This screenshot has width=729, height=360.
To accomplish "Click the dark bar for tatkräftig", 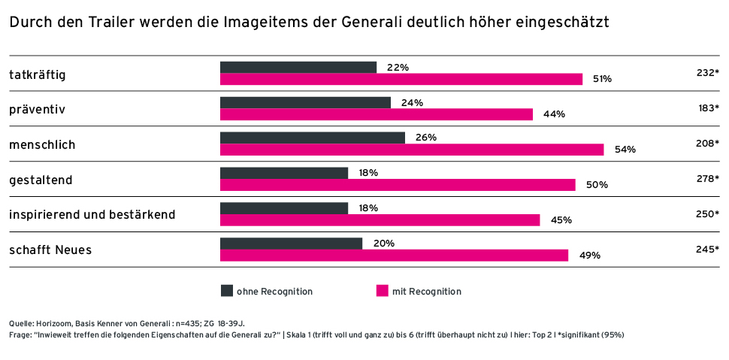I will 298,68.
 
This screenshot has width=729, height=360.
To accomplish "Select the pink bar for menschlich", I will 412,150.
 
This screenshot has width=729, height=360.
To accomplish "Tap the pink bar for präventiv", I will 377,114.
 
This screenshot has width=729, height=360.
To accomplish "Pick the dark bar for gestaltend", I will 284,173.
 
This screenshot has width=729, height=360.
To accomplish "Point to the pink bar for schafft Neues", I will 394,256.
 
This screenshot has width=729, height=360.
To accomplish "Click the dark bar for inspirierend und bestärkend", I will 284,208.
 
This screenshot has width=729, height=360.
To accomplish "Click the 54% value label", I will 625,150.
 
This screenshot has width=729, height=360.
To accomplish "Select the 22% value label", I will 398,68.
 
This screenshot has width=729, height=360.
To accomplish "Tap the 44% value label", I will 554,114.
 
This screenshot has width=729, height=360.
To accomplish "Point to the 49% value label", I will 589,256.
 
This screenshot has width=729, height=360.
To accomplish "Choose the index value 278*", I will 707,179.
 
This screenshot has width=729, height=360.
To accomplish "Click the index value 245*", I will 707,250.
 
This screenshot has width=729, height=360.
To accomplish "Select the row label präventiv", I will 38,110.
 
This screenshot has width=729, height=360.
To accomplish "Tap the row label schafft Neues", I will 50,250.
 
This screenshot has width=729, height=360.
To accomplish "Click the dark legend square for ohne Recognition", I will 226,291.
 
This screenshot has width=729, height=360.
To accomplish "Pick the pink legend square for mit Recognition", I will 382,291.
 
